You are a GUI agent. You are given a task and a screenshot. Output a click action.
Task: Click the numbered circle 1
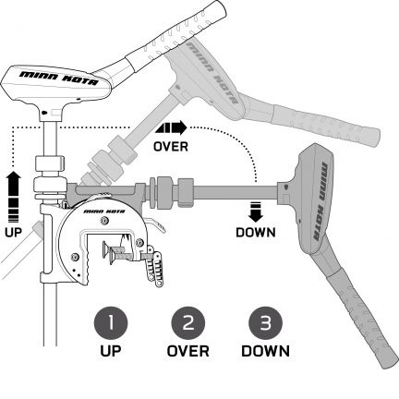111,323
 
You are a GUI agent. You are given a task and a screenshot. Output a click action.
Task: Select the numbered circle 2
188,323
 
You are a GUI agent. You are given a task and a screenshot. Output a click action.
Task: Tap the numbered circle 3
265,323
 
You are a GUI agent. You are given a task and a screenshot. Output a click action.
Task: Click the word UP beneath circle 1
111,351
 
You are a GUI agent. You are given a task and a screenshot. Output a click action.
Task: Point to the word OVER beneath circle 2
187,351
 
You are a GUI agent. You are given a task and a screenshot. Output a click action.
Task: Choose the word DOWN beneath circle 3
265,351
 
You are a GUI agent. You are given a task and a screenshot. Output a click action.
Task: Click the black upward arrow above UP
14,197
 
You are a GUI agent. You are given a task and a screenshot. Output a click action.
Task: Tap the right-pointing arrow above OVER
171,127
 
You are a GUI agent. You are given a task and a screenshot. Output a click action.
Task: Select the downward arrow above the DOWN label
256,212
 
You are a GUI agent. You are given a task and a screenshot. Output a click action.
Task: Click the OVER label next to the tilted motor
171,147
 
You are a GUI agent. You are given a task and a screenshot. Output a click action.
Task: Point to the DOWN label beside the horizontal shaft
256,233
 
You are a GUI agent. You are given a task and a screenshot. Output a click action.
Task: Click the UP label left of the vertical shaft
14,233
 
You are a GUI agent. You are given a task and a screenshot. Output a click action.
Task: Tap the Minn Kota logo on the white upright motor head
59,79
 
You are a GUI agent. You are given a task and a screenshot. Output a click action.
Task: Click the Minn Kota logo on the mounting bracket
104,212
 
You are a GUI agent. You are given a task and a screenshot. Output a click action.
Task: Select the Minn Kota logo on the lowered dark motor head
320,200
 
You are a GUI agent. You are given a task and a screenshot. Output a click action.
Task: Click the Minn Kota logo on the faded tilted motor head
212,73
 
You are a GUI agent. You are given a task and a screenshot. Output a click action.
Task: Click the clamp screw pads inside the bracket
108,253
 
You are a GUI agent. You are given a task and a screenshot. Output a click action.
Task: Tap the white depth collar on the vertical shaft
50,163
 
